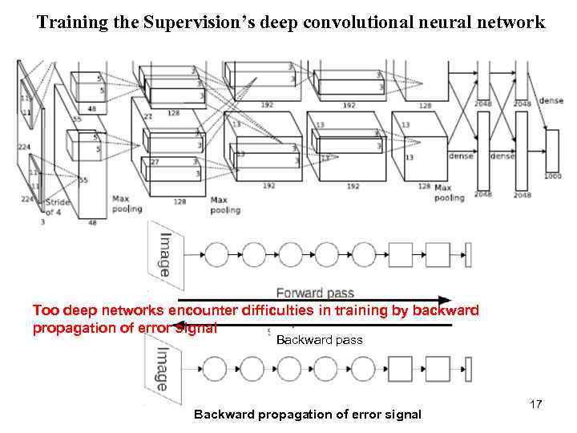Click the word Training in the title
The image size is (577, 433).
click(x=66, y=23)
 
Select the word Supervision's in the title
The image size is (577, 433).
click(x=179, y=23)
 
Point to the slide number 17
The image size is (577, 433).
click(x=536, y=405)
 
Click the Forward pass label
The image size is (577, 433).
click(x=315, y=293)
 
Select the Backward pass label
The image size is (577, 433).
click(x=319, y=340)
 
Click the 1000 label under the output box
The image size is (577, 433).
click(x=552, y=175)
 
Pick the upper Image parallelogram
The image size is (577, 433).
click(x=164, y=254)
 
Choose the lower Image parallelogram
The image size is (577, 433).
click(x=163, y=369)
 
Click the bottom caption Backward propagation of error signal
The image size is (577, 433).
click(x=308, y=415)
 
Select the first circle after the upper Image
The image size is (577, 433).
click(x=216, y=255)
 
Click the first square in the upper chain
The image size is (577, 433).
click(x=400, y=255)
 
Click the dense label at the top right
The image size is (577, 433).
click(x=551, y=100)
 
